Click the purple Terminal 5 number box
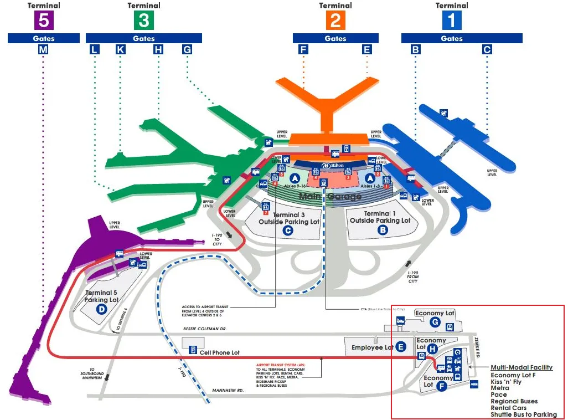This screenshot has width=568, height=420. (43, 21)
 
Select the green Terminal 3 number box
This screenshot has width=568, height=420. (143, 21)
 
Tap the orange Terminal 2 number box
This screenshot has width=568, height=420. (335, 21)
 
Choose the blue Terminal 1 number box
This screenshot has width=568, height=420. (452, 21)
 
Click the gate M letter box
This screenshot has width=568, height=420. (43, 50)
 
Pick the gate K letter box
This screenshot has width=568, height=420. (121, 50)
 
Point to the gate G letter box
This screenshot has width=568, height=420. (187, 50)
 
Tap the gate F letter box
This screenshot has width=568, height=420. (303, 50)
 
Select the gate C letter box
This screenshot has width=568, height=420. (487, 50)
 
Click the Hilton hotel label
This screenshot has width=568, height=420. (333, 166)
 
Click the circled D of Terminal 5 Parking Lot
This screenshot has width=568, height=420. (101, 309)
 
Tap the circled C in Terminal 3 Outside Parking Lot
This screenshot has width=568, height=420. (287, 231)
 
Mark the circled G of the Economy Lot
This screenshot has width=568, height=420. (436, 322)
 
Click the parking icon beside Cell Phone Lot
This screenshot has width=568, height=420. (192, 350)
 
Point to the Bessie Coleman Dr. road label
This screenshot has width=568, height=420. (205, 329)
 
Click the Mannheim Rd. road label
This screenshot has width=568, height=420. (228, 391)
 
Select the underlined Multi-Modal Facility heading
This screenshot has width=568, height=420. (521, 367)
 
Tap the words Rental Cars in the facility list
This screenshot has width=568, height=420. (504, 408)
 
